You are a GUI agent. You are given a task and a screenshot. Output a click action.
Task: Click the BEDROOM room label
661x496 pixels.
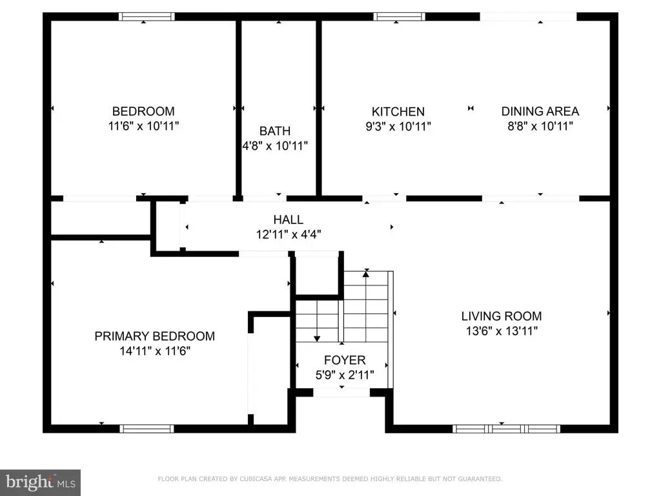(143, 111)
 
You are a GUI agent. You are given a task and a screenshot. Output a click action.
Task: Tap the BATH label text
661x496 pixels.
(275, 131)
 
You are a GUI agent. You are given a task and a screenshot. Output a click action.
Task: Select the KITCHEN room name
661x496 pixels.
(398, 112)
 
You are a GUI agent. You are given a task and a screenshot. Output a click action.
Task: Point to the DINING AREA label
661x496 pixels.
(540, 111)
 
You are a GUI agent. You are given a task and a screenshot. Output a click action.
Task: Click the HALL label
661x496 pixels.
(289, 220)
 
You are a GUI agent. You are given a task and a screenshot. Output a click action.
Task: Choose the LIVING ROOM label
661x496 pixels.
(501, 316)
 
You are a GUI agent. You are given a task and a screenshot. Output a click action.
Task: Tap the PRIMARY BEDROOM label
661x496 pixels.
(155, 336)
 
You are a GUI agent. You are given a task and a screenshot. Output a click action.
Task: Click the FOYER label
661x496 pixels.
(345, 360)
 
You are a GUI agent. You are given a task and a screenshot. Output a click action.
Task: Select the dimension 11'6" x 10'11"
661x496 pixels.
(144, 126)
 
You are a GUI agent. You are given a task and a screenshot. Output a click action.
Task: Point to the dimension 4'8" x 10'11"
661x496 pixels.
(275, 146)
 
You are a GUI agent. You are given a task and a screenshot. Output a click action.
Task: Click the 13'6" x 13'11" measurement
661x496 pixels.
(502, 331)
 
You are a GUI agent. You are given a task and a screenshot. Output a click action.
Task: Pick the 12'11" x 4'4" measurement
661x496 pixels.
(289, 234)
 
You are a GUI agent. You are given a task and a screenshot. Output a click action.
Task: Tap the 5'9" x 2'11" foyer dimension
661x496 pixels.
(345, 375)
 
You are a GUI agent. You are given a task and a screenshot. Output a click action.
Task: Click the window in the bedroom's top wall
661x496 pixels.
(147, 16)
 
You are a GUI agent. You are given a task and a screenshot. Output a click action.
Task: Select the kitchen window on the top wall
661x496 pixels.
(399, 16)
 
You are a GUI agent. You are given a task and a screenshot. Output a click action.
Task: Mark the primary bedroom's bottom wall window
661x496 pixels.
(147, 429)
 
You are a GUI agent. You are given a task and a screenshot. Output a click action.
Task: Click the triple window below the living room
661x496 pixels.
(506, 429)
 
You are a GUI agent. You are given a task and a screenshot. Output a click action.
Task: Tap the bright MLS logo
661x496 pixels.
(40, 482)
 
